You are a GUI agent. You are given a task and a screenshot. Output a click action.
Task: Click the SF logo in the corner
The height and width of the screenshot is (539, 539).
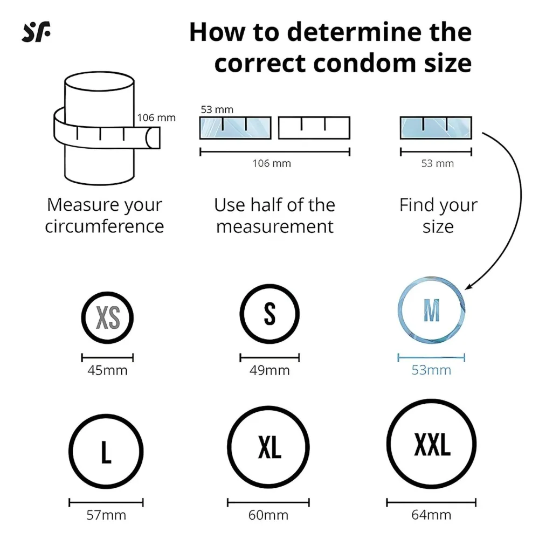click(x=36, y=32)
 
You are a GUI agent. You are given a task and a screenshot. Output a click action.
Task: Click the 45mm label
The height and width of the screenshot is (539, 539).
click(x=107, y=370)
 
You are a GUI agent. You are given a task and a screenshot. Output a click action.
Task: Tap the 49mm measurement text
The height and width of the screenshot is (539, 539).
click(x=269, y=370)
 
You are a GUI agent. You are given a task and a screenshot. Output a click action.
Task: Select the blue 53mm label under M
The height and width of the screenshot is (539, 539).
click(x=431, y=370)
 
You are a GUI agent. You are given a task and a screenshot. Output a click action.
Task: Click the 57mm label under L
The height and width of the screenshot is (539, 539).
click(x=106, y=515)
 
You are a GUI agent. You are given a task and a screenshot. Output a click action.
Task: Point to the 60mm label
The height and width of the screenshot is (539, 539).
click(x=268, y=515)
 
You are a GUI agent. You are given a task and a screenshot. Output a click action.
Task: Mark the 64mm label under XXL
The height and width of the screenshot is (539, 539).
click(x=431, y=515)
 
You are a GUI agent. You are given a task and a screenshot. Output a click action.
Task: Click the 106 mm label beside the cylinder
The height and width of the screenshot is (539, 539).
click(x=156, y=118)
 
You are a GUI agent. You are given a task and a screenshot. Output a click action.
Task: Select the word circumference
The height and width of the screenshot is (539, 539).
click(x=105, y=226)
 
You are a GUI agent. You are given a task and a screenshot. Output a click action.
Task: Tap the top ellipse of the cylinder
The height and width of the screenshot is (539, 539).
click(x=99, y=72)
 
